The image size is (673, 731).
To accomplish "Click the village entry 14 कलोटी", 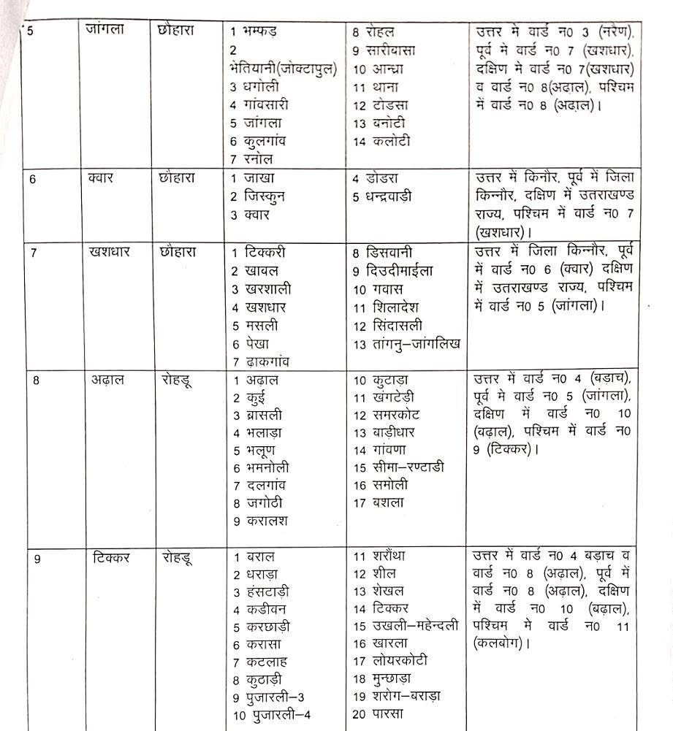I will coord(381,141).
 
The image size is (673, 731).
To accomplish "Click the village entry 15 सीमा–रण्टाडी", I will coord(398,467).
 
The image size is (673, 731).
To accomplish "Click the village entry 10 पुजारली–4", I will coord(272,715).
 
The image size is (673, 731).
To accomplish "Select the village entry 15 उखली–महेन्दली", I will coord(406,627).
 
